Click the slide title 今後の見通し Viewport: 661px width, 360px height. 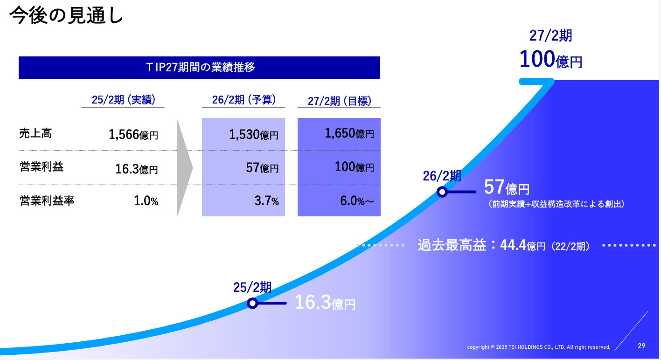pos(66,15)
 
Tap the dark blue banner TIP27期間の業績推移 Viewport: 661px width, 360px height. pos(199,68)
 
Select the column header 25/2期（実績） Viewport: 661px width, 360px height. pos(123,100)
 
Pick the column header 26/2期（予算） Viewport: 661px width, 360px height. pos(244,100)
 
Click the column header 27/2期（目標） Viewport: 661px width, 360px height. pos(339,101)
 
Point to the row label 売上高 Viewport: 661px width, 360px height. pos(35,133)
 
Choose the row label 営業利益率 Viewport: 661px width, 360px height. pos(47,201)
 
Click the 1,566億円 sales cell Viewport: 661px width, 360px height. pos(133,135)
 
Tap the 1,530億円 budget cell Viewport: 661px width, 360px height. pos(254,135)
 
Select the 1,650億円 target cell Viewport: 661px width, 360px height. pos(349,133)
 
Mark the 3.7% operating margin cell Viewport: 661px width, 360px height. pos(267,201)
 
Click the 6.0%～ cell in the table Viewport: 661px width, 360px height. pos(357,201)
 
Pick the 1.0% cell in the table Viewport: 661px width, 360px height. pos(146,201)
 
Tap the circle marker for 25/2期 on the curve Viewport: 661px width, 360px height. pos(252,303)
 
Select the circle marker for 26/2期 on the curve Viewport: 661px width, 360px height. pos(442,192)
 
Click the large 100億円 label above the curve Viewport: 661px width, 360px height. pos(550,59)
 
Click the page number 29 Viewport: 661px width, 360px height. pos(641,346)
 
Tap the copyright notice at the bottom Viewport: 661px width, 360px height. pos(538,347)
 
